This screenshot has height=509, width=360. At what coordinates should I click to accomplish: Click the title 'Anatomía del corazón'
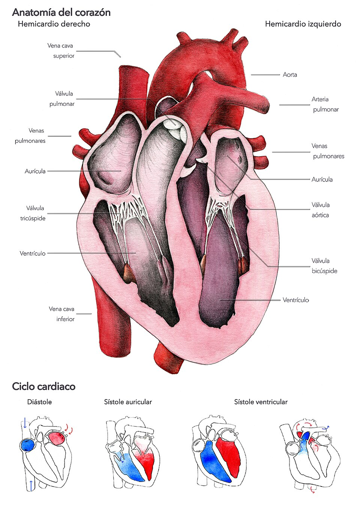pyautogui.click(x=61, y=12)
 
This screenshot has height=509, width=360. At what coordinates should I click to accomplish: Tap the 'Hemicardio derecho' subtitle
pyautogui.click(x=54, y=24)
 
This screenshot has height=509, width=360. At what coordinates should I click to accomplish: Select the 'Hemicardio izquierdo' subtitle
pyautogui.click(x=303, y=24)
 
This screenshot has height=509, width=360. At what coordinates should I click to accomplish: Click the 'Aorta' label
pyautogui.click(x=290, y=75)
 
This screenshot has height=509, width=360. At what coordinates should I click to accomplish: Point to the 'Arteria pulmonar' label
pyautogui.click(x=325, y=104)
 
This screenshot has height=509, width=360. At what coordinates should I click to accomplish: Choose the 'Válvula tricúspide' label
pyautogui.click(x=33, y=213)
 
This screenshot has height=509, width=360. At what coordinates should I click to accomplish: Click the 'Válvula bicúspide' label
pyautogui.click(x=324, y=266)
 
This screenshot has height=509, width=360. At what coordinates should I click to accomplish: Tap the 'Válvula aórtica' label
pyautogui.click(x=320, y=210)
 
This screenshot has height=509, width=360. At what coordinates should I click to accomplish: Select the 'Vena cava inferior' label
pyautogui.click(x=62, y=314)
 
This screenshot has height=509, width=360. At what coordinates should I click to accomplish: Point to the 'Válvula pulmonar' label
pyautogui.click(x=63, y=99)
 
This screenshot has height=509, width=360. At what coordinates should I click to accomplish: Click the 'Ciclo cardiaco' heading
pyautogui.click(x=43, y=386)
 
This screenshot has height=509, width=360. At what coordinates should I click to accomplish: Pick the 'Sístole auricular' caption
pyautogui.click(x=128, y=402)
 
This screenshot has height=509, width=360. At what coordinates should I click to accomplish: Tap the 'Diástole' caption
pyautogui.click(x=39, y=402)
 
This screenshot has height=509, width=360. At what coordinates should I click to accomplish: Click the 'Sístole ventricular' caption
pyautogui.click(x=261, y=402)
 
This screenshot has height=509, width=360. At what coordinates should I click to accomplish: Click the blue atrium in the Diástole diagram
pyautogui.click(x=27, y=445)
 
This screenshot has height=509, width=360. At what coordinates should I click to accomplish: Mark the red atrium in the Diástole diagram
pyautogui.click(x=55, y=438)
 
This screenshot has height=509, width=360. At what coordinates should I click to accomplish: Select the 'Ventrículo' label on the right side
pyautogui.click(x=296, y=300)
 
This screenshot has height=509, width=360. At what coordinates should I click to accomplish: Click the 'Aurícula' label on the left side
pyautogui.click(x=35, y=171)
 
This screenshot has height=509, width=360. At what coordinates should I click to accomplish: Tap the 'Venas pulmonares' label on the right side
pyautogui.click(x=328, y=151)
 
